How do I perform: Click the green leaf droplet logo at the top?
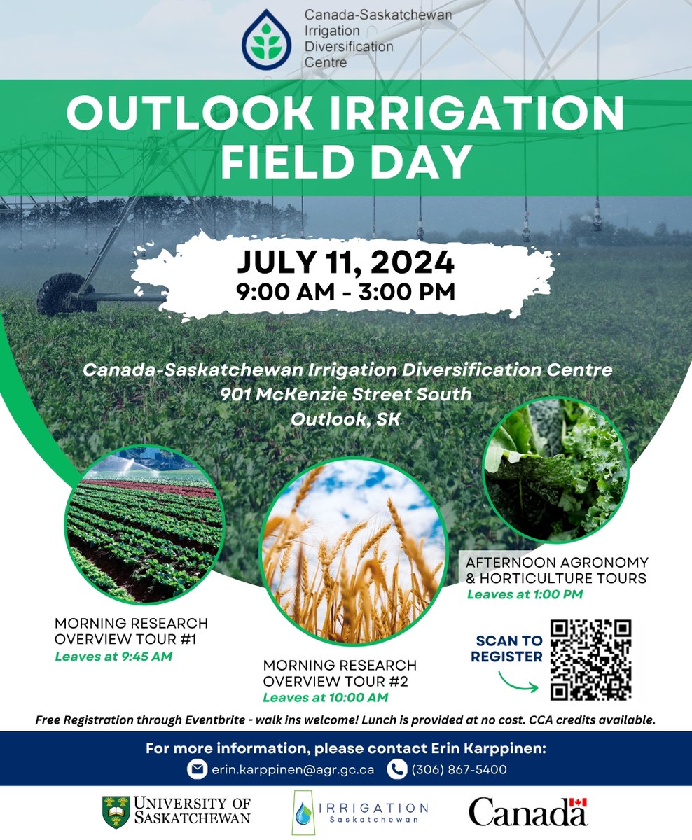coord(270,39)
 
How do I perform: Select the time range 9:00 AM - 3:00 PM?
coord(345,290)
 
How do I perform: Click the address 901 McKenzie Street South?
coord(345,395)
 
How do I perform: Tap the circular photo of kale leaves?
coord(556,468)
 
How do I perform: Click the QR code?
coord(591,659)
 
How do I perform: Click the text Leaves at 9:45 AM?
coord(113,657)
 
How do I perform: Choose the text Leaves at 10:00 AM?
coord(324,697)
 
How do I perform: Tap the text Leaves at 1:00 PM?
coord(524,595)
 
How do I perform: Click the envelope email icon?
coord(198,769)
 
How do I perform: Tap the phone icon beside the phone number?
coord(397,769)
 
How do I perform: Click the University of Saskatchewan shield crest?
coord(116,811)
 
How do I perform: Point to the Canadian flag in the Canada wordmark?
coord(577,803)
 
